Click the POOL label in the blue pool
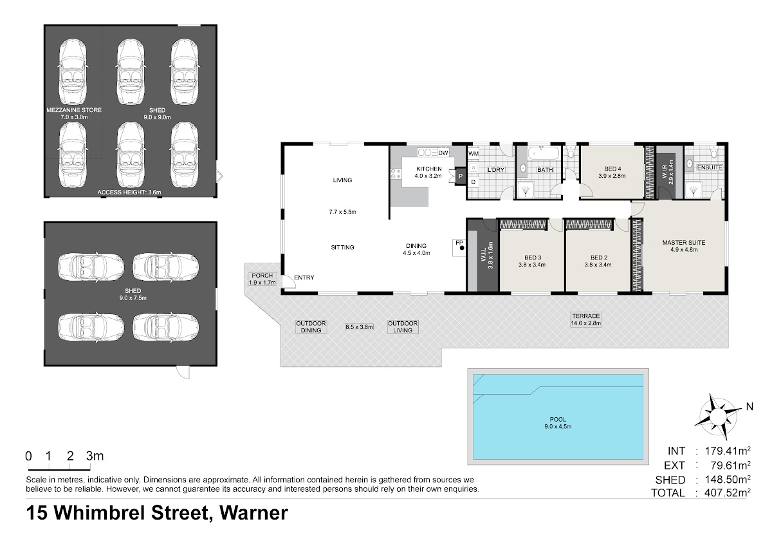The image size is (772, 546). click(558, 419)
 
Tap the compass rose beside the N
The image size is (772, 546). click(718, 416)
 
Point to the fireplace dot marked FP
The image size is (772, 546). click(462, 248)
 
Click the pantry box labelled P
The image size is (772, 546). click(461, 176)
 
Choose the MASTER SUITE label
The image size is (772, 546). click(684, 243)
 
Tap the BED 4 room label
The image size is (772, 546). click(612, 169)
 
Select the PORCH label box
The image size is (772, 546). click(262, 279)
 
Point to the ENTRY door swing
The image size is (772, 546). click(289, 282)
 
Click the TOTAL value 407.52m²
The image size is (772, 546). click(728, 492)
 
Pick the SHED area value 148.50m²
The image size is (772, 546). click(728, 479)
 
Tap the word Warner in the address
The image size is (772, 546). click(253, 513)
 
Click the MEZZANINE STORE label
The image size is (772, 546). click(74, 110)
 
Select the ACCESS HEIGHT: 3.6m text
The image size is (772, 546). click(129, 192)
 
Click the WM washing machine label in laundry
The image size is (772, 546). click(473, 153)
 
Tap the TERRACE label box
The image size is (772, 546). click(586, 320)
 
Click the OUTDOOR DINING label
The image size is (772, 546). click(311, 326)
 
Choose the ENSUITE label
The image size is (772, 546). click(710, 167)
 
